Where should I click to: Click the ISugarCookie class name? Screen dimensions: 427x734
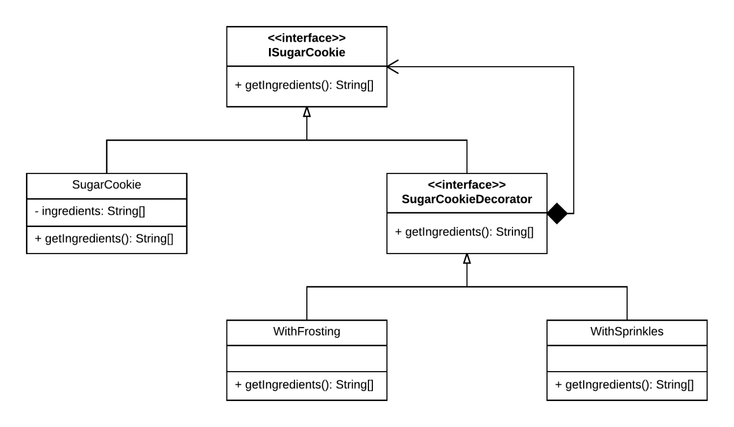[306, 53]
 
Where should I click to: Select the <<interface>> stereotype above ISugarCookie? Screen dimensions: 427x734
[306, 38]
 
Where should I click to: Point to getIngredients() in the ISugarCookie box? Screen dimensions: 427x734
[288, 85]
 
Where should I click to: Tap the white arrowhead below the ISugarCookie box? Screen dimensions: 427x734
[307, 112]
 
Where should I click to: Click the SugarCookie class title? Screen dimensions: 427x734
[106, 185]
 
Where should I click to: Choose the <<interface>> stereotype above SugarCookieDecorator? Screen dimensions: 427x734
[467, 185]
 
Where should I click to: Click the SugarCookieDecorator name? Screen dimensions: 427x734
[467, 199]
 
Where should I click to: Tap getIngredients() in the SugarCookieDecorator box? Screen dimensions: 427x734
[448, 232]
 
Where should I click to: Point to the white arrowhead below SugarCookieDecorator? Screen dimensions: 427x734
[467, 259]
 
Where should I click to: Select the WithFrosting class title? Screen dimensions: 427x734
[306, 332]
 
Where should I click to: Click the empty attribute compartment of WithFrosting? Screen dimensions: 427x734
[306, 359]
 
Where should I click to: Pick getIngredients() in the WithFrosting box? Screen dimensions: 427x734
[288, 385]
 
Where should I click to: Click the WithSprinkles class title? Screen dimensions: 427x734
[627, 332]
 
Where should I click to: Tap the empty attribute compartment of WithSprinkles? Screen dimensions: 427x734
[627, 359]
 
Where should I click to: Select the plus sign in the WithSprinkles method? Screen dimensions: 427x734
[558, 385]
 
